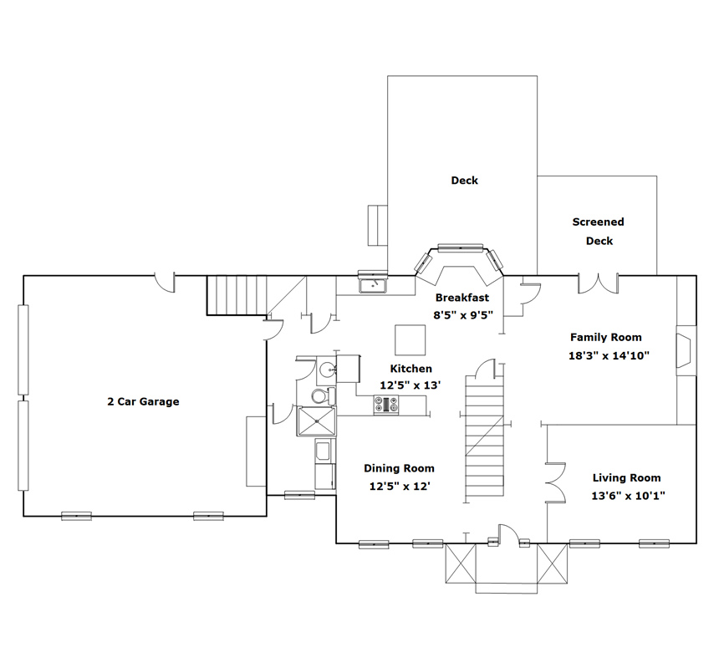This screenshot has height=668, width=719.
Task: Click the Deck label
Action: [464, 181]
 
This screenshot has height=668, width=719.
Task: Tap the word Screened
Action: [598, 222]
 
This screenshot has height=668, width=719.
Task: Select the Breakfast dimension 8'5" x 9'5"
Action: [463, 315]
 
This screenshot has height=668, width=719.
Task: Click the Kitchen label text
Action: [410, 369]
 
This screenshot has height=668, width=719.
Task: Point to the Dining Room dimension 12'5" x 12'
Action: [400, 486]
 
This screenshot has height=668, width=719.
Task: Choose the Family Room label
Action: [606, 338]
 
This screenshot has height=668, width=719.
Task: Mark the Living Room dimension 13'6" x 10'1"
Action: [628, 496]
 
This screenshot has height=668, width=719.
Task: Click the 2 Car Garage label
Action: [143, 401]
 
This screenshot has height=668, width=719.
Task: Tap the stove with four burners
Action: [386, 405]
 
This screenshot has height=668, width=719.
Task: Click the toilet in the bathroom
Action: [324, 395]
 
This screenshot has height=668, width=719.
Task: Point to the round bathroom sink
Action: [327, 369]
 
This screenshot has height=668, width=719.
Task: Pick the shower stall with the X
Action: [316, 421]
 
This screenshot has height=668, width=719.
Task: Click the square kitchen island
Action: [410, 339]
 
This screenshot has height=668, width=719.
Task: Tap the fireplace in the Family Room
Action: [686, 351]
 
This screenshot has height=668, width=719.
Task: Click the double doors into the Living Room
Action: [556, 482]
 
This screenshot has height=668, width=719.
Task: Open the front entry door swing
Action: [508, 534]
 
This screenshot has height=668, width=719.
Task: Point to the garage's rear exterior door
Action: [165, 283]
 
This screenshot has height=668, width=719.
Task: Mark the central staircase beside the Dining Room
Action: [484, 439]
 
